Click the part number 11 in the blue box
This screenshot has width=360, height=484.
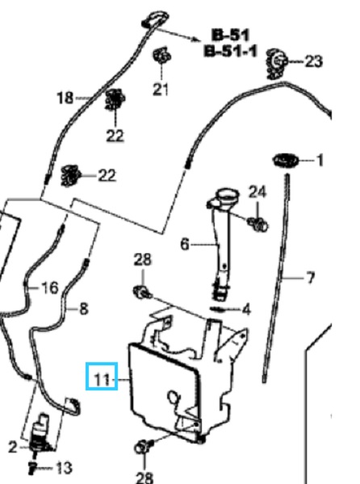click(x=102, y=379)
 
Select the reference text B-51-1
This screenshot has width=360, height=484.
click(x=231, y=51)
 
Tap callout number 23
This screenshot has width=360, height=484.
click(x=314, y=61)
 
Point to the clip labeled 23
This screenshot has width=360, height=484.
click(x=276, y=64)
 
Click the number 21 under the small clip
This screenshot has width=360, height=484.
click(x=161, y=90)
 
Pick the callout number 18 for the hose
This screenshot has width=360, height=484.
click(x=65, y=98)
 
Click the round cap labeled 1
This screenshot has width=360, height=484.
click(x=286, y=161)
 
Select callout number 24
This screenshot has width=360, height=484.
click(x=257, y=192)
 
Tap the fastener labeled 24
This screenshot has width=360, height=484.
click(x=258, y=223)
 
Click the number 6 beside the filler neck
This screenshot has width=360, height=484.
click(x=185, y=244)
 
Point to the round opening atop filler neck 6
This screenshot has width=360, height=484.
click(x=228, y=196)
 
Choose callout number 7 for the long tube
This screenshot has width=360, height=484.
click(x=311, y=277)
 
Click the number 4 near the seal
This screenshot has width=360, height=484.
click(x=246, y=309)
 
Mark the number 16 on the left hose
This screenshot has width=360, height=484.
click(x=50, y=288)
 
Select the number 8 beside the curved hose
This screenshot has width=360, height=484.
click(x=83, y=309)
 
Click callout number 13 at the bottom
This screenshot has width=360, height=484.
click(x=65, y=468)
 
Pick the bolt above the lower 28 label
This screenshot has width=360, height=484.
click(x=144, y=447)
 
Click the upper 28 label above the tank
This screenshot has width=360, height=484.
click(x=143, y=260)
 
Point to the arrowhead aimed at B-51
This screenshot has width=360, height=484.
click(x=196, y=40)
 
